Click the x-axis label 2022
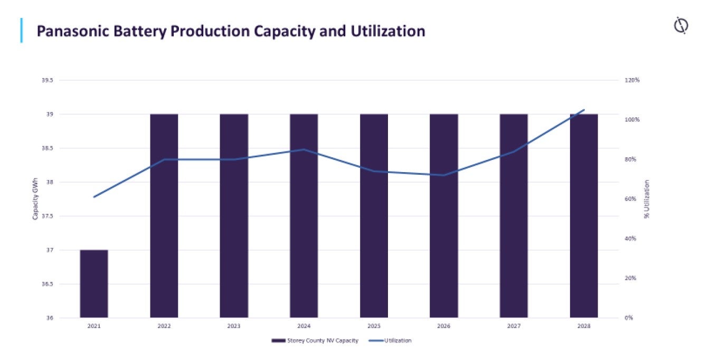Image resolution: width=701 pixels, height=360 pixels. tap(164, 326)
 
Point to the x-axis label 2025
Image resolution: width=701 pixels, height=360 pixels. tap(374, 326)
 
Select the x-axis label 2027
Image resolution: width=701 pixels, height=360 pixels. tap(514, 326)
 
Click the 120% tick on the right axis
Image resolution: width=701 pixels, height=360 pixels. tap(633, 80)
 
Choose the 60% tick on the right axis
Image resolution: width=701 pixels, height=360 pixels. tap(632, 199)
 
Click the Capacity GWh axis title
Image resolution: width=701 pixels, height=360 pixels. tap(35, 200)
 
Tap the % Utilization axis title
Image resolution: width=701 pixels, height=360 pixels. tap(647, 200)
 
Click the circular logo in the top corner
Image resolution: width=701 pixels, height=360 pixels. tap(681, 25)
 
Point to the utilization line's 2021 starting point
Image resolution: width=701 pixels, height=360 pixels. tap(94, 197)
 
